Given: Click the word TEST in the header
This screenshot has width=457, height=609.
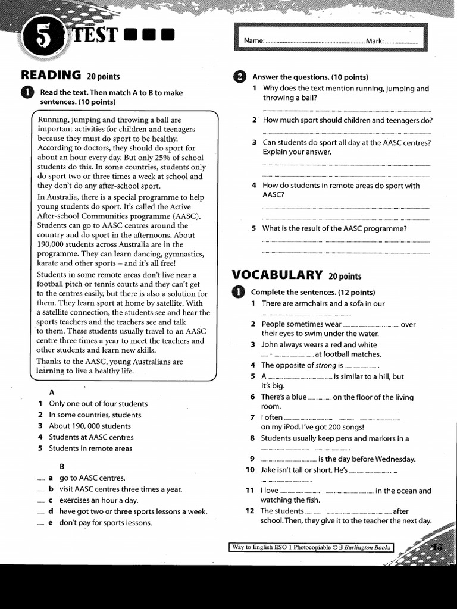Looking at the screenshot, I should coord(95,36).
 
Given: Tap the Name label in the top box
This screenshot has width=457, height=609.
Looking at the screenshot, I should coord(253,41).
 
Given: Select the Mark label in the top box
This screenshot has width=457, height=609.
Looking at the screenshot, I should coord(375,41).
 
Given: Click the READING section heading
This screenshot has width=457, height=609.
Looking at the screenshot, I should coord(51,75).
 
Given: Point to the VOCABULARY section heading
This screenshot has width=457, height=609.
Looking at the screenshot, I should coord(277,275).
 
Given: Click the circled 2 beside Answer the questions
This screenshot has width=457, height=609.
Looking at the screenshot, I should coord(239,77).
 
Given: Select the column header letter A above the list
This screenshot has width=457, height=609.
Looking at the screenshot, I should coord(52,393).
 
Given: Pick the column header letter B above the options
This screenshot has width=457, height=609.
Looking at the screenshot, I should coord(62,466).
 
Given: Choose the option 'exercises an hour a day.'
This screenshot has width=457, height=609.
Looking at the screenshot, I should coord(98,500).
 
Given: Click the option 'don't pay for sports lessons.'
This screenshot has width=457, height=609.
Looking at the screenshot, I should coord(105,523).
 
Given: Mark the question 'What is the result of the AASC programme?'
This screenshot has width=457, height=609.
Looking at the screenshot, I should coord(334,228).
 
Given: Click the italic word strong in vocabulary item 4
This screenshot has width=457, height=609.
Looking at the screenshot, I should coord(325,365).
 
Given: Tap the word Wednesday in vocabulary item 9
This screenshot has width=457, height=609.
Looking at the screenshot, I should coord(393,459).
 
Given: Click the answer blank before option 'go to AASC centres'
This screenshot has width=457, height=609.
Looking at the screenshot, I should coord(40,478).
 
